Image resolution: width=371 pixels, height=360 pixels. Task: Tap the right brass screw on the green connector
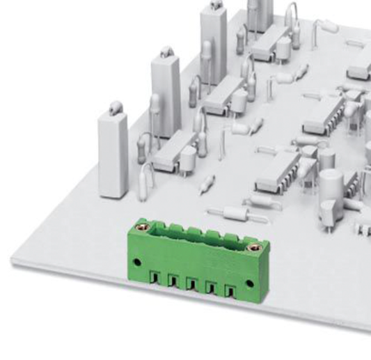point(253,243)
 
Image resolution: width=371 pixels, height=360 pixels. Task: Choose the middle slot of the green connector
point(190,282)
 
